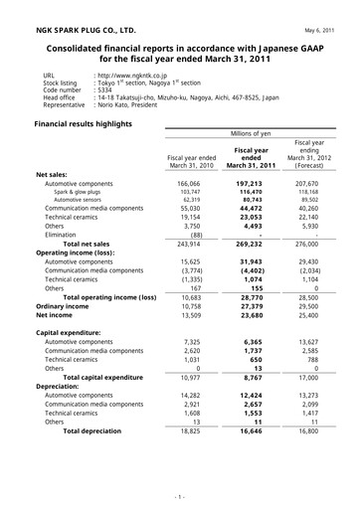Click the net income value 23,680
coord(253,316)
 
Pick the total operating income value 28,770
coord(253,297)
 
